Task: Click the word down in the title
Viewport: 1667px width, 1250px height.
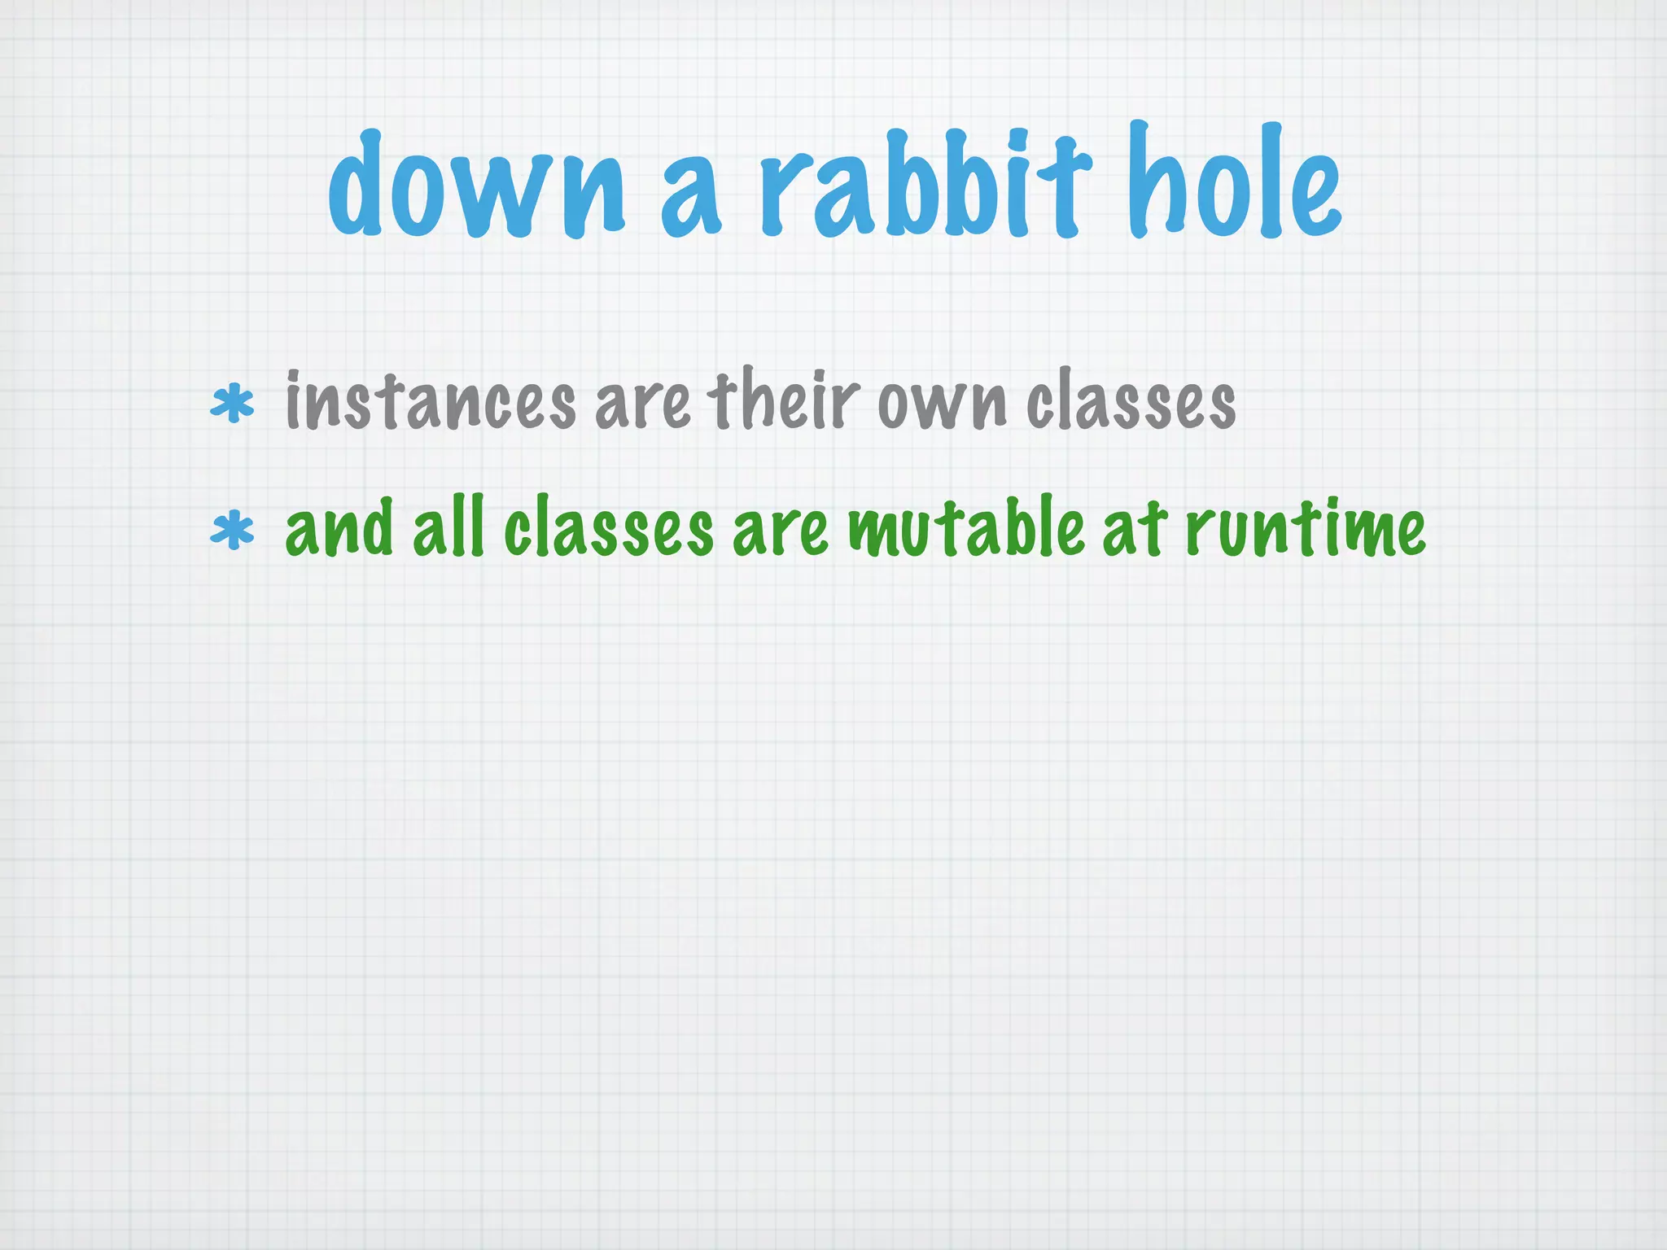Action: (x=477, y=186)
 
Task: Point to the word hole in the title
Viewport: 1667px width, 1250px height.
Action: (x=1234, y=182)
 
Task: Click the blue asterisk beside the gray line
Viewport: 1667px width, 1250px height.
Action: (x=232, y=404)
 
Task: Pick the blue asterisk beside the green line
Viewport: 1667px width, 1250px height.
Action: (x=232, y=531)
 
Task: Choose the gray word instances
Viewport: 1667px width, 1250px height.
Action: (x=431, y=401)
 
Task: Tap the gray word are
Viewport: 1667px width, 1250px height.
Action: (x=643, y=404)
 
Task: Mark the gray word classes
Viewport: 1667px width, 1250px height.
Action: (x=1131, y=401)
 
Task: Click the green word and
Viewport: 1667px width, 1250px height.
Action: (x=339, y=529)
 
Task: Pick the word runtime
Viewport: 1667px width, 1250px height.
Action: (x=1305, y=529)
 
